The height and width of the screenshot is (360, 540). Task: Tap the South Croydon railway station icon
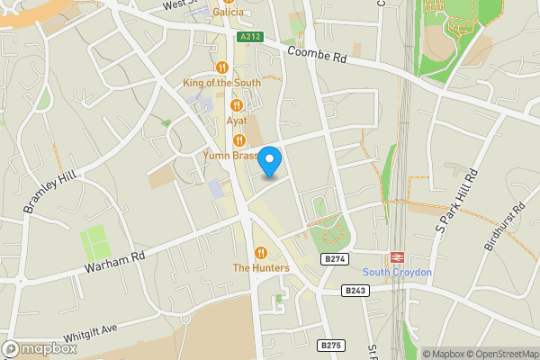[397, 256]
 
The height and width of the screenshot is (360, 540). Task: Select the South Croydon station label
[397, 273]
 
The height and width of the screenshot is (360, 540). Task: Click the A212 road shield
[251, 37]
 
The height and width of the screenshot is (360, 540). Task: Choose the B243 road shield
[355, 291]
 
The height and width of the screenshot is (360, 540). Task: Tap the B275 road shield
[331, 345]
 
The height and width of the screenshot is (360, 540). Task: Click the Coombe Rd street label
[318, 56]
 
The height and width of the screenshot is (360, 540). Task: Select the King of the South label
[221, 83]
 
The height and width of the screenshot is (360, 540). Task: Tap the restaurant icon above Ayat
[237, 105]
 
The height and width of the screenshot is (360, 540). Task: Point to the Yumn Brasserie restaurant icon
[239, 139]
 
